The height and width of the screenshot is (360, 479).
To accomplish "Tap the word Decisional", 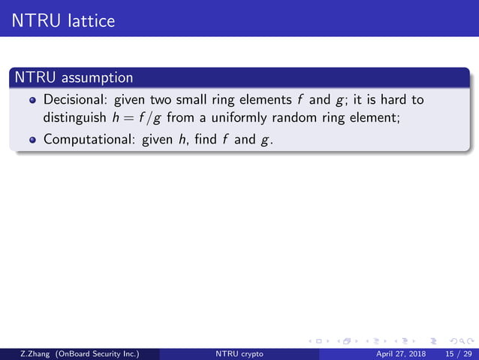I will pos(75,100).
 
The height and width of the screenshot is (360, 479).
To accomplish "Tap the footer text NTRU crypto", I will pos(239,352).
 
